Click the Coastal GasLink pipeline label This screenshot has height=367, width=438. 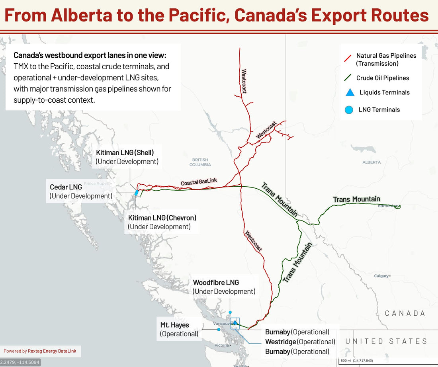[199, 182]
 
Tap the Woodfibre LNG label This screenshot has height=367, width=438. [216, 283]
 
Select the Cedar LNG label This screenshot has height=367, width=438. [66, 187]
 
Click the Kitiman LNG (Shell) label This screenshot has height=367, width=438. [125, 153]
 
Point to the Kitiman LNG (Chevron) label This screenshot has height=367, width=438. [162, 218]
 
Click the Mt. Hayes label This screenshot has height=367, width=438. [174, 325]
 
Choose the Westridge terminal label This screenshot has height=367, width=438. [281, 342]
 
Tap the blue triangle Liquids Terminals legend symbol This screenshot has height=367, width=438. [350, 92]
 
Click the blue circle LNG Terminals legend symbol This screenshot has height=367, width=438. [349, 110]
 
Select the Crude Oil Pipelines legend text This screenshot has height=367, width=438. [383, 78]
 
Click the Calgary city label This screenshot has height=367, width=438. [381, 276]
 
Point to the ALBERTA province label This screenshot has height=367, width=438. [371, 162]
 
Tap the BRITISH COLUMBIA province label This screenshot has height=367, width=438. [200, 162]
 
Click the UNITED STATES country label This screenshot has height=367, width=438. [386, 342]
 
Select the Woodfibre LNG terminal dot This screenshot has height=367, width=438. [230, 312]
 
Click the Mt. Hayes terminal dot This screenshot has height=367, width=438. [219, 330]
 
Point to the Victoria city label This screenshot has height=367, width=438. [221, 346]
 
